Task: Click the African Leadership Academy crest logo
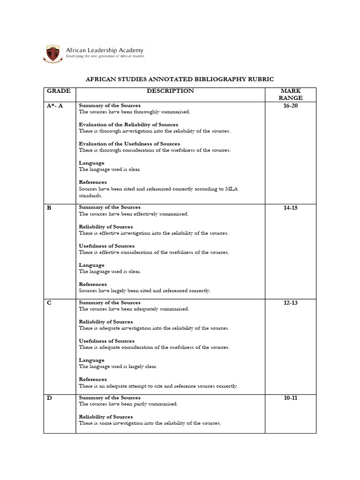52,52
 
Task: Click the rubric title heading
180,79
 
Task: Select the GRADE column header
58,91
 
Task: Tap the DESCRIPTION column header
170,91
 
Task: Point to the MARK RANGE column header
291,94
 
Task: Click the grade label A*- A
55,105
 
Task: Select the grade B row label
49,208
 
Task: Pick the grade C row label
49,303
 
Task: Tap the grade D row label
49,398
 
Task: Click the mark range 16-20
291,105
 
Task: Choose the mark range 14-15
291,208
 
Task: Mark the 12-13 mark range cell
291,303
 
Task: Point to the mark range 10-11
291,398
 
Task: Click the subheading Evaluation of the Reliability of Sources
128,125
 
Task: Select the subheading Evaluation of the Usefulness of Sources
129,144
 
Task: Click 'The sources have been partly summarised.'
128,404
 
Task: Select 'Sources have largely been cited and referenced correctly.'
145,291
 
